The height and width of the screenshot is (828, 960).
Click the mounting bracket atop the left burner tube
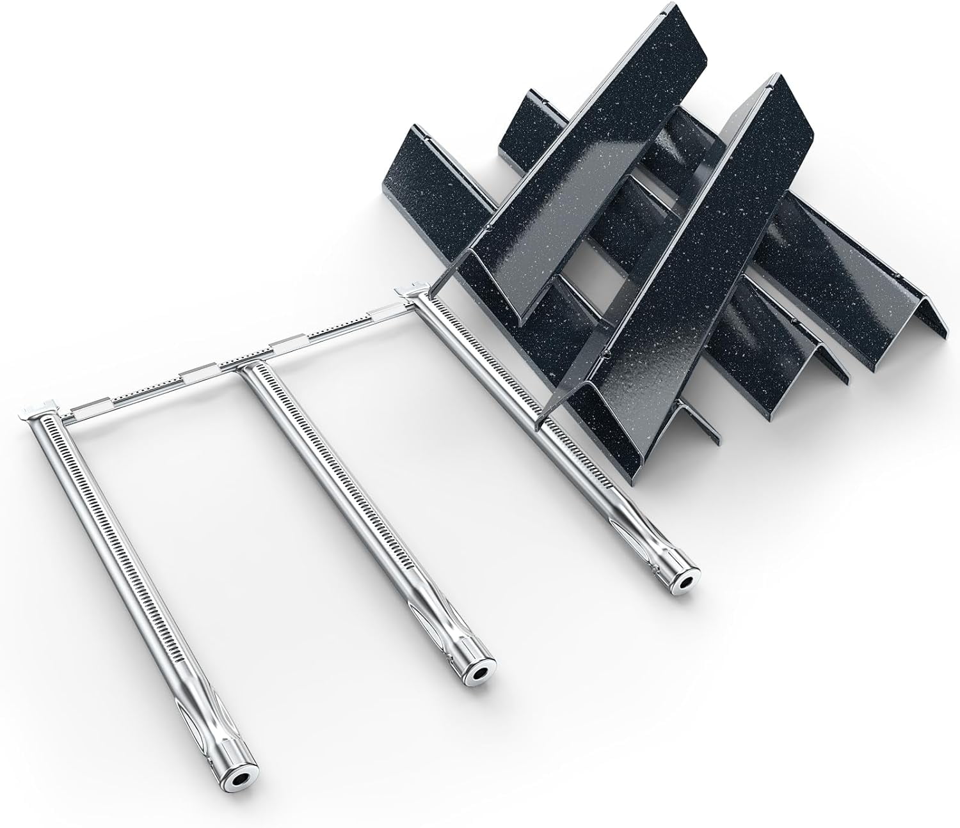coord(36,410)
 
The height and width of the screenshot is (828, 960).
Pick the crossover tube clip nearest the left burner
coord(86,404)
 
